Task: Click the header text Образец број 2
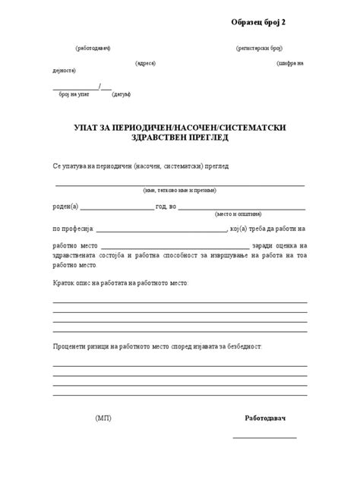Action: (x=264, y=23)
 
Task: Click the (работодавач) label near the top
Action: (x=93, y=48)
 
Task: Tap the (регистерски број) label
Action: (x=261, y=48)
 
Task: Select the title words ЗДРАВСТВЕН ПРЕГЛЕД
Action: (x=180, y=138)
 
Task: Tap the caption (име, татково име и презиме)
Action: (x=179, y=191)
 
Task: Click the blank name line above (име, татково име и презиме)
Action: (x=179, y=185)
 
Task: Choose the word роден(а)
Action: (x=65, y=206)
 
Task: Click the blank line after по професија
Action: (x=162, y=229)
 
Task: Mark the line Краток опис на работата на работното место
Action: (x=120, y=283)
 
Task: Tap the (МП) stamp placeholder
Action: (x=103, y=418)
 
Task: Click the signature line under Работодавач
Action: (x=264, y=437)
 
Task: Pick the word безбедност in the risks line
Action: (x=242, y=346)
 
